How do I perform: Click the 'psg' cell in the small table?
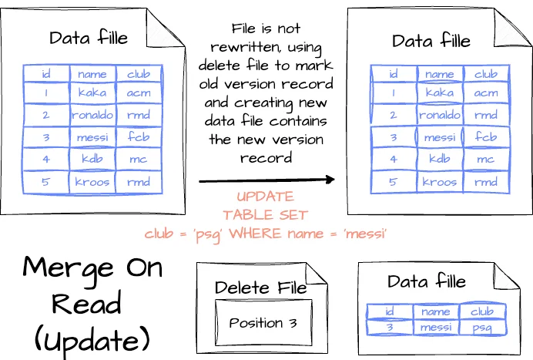click(x=484, y=327)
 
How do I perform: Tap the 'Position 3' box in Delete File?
click(x=263, y=323)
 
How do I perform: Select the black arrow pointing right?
click(x=266, y=180)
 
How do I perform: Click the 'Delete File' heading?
click(x=260, y=287)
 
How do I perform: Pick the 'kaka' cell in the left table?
click(x=92, y=93)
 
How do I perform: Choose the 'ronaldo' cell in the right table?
click(x=439, y=116)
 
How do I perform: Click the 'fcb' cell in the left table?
click(x=139, y=138)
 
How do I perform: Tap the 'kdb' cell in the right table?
click(x=439, y=160)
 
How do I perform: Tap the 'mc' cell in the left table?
click(x=139, y=160)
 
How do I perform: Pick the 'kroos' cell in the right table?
click(x=439, y=183)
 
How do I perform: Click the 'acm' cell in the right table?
click(x=485, y=93)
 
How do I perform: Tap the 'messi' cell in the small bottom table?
click(x=436, y=327)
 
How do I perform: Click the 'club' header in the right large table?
click(x=485, y=75)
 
